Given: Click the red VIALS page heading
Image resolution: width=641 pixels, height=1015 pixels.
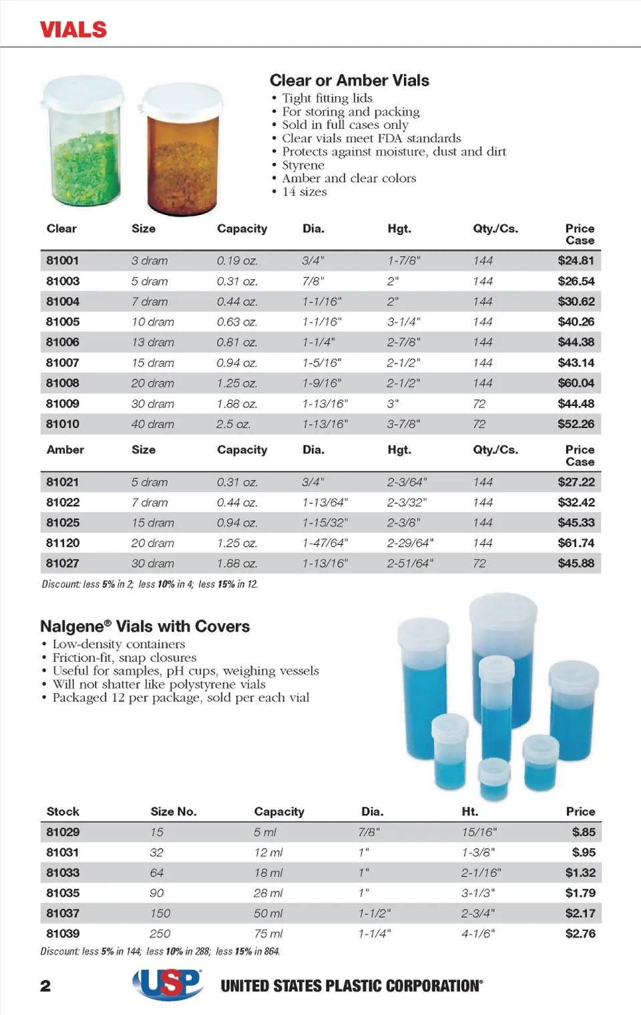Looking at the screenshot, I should tap(73, 29).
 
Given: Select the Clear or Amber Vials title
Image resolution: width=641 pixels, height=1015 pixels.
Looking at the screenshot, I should tap(349, 81).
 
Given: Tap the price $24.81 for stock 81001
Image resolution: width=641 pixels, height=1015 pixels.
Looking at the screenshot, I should tap(576, 260).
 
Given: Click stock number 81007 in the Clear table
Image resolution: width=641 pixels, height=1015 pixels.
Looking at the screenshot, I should tap(63, 363).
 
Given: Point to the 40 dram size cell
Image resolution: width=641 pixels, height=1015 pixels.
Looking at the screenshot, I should tap(152, 424).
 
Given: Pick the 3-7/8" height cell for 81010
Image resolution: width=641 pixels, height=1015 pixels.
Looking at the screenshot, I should tap(403, 424).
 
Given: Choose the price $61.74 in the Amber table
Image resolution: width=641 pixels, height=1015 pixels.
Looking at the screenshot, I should tap(576, 543).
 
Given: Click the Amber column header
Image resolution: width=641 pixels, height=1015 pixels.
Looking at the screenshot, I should tap(65, 450).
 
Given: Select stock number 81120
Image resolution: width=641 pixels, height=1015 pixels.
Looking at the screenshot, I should tap(63, 543).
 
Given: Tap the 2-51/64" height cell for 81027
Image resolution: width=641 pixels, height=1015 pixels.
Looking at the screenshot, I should tap(410, 564).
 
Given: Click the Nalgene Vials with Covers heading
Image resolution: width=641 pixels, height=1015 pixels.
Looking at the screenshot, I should tap(145, 626).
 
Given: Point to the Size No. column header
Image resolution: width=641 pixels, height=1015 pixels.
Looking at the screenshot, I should tap(173, 811).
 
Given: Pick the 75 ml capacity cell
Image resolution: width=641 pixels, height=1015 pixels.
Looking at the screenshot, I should tap(268, 934).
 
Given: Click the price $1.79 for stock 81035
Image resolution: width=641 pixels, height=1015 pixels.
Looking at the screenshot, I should tap(580, 893).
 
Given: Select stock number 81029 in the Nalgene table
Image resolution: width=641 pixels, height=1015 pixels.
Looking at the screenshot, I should tap(63, 832).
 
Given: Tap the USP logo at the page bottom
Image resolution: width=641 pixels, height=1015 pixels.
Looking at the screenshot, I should tap(168, 984).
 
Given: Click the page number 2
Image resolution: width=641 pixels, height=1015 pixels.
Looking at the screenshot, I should tap(45, 986).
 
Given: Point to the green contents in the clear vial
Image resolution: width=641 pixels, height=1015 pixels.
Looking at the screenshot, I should tap(83, 167).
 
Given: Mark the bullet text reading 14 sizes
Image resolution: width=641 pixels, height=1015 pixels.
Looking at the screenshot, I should tap(304, 192).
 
